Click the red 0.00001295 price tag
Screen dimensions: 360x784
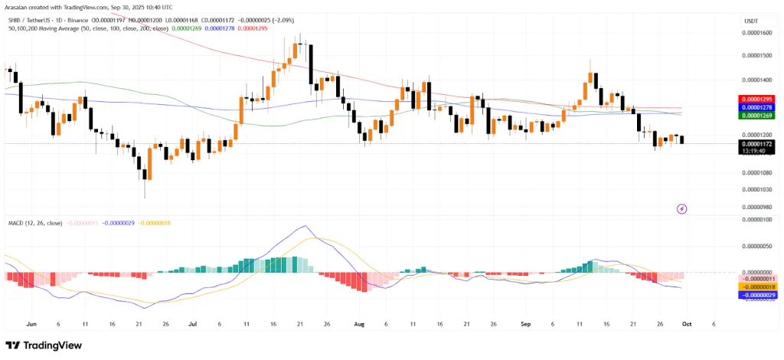coord(756,100)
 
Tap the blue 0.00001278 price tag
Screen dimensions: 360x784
coord(756,108)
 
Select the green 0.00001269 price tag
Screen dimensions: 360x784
coord(756,116)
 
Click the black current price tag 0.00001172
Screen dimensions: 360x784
coord(756,142)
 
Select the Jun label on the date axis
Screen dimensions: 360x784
coord(31,324)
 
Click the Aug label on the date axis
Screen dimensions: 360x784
coord(359,324)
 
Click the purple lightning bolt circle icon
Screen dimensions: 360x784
coord(682,208)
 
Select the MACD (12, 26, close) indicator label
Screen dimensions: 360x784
coord(35,222)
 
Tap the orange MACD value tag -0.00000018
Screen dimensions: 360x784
coord(756,286)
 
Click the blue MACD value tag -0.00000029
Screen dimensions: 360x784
coord(756,295)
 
